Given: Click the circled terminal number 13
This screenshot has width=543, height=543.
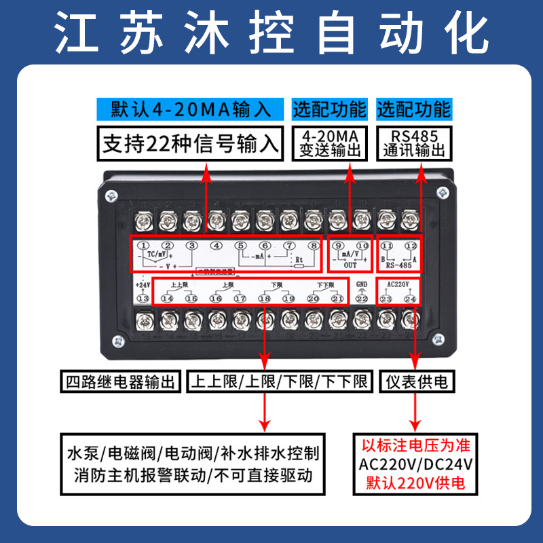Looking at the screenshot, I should (x=143, y=298).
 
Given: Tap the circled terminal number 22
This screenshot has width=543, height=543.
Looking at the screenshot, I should (x=361, y=298).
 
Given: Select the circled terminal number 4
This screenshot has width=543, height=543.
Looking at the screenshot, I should (x=216, y=246).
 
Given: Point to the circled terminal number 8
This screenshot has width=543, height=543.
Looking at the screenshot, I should (x=313, y=246).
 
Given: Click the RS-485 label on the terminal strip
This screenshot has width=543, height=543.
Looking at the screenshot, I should (x=398, y=265).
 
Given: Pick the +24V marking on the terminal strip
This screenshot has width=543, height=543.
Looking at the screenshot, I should (x=143, y=284).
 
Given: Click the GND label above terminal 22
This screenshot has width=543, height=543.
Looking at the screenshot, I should (x=361, y=284).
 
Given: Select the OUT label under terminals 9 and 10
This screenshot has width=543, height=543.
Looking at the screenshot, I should (x=350, y=266).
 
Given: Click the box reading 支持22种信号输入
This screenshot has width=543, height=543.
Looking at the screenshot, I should (x=189, y=144).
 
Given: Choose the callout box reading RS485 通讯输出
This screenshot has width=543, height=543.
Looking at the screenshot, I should (x=413, y=142).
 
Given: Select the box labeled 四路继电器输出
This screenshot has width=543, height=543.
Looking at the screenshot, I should (x=120, y=381).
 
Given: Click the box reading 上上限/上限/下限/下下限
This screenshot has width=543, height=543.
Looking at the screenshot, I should (x=280, y=381).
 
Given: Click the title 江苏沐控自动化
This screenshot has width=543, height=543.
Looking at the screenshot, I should (x=271, y=31).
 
